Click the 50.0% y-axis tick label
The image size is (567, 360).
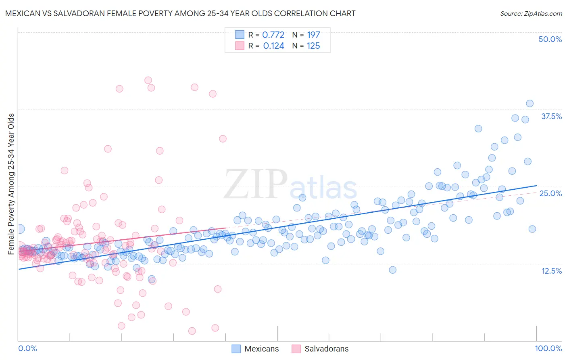point(550,39)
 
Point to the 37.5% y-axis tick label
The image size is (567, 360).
point(551,116)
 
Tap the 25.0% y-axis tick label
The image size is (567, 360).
point(550,193)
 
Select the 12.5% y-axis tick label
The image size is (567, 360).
point(551,271)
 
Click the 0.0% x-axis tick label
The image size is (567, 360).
point(27,348)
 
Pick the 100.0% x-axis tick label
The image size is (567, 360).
point(548,348)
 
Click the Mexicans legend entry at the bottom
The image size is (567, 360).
point(255,349)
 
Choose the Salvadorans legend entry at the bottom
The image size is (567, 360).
point(320,349)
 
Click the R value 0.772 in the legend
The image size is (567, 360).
point(273,35)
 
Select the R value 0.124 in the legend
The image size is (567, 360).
point(273,46)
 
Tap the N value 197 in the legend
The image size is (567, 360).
point(313,35)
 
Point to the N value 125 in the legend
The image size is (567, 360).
point(313,46)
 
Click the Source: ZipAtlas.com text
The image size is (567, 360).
point(531,14)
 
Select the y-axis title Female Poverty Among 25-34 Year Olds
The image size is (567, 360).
point(11,184)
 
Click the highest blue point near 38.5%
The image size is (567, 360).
point(529,103)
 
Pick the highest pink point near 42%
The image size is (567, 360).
point(148,80)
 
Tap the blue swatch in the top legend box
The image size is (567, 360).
point(240,35)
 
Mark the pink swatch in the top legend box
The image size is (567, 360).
point(240,46)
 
